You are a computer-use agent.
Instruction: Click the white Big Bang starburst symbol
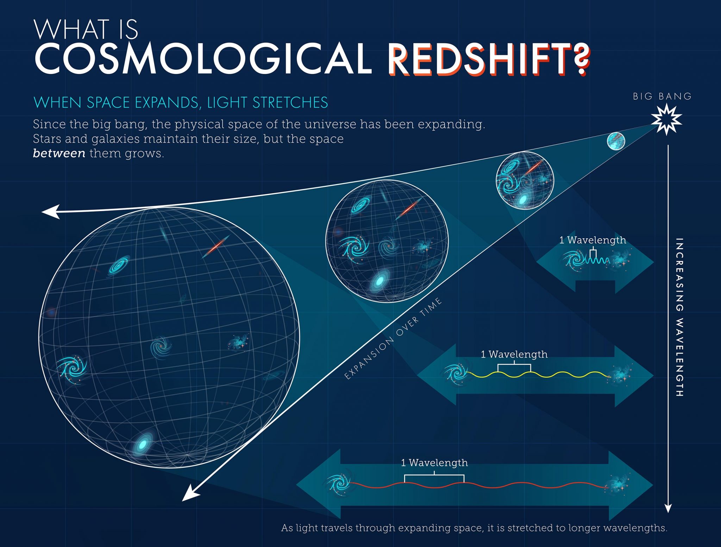click(x=666, y=120)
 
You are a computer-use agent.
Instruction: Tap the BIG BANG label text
click(x=662, y=96)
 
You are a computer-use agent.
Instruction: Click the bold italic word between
click(x=59, y=153)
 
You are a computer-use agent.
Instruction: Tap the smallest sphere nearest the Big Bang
click(x=616, y=141)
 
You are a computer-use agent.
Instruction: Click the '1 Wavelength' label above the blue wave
click(x=593, y=240)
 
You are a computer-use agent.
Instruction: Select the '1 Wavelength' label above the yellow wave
click(x=514, y=354)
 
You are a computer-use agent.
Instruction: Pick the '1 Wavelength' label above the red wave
click(x=434, y=463)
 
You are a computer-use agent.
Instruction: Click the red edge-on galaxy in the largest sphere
click(x=216, y=246)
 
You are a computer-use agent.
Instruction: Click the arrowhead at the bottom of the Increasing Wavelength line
click(x=668, y=508)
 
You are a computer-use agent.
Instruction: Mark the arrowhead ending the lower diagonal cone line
click(x=190, y=493)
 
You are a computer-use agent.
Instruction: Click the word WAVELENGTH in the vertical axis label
click(x=679, y=357)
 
